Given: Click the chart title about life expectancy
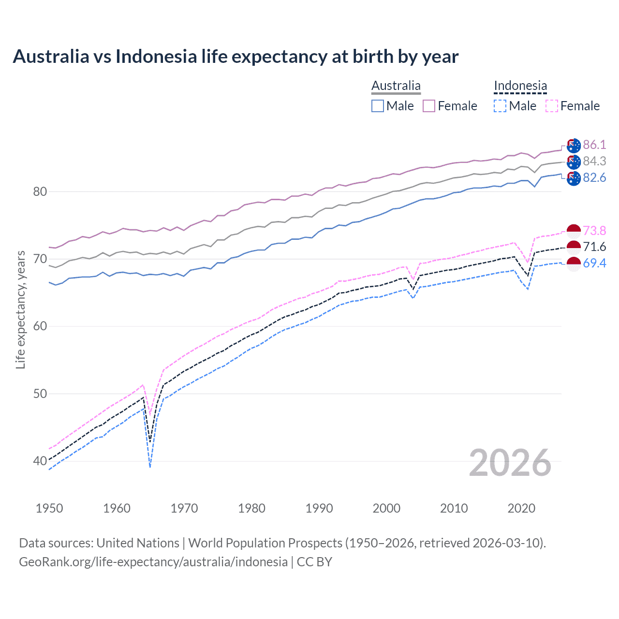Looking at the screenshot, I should [236, 57].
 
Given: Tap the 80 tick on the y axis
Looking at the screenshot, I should [40, 192].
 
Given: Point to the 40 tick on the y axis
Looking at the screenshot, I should [40, 461].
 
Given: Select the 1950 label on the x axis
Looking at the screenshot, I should [49, 508].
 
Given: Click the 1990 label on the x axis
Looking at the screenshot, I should [319, 508].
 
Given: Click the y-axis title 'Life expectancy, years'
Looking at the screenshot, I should [20, 309].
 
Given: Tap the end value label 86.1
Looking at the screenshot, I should [594, 145].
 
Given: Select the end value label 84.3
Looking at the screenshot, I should [594, 161].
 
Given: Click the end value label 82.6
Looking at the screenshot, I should [594, 177].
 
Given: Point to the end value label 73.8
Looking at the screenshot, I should [594, 231].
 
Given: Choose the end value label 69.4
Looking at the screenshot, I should [594, 263].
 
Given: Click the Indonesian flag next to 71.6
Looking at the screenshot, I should [574, 247].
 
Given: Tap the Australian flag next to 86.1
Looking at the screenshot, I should [574, 145].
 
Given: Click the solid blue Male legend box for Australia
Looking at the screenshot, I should [378, 106].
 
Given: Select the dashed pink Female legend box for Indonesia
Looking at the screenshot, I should [552, 106].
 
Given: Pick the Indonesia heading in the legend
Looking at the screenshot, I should [520, 86].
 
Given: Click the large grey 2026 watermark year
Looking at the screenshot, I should [510, 463].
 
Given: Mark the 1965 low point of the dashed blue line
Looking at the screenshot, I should [150, 467].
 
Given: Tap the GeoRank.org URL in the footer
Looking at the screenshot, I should [153, 561].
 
